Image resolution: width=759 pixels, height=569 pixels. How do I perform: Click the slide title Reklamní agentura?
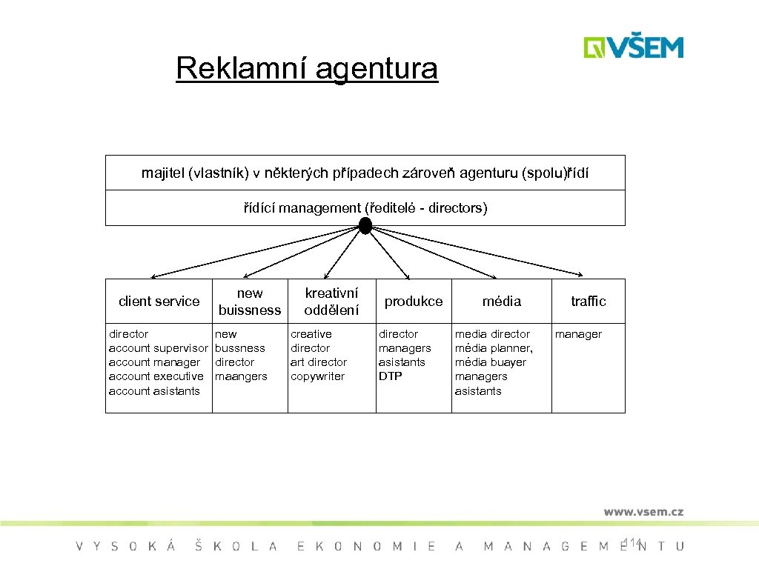[x=307, y=69]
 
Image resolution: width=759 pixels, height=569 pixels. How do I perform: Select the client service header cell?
[x=159, y=302]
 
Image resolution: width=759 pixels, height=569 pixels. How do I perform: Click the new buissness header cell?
[x=250, y=302]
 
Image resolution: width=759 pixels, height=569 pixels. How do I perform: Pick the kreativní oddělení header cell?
[x=331, y=302]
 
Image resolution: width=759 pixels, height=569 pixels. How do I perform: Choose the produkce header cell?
[x=413, y=302]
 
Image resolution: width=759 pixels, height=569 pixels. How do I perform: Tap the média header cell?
[x=502, y=302]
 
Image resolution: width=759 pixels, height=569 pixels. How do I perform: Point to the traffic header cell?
[x=588, y=302]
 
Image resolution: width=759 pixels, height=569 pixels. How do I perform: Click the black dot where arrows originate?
[x=365, y=226]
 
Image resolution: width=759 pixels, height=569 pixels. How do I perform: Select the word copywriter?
[x=317, y=376]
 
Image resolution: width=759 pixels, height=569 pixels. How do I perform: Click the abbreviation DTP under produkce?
[x=390, y=376]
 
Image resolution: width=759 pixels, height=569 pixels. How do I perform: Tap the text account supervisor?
[x=158, y=348]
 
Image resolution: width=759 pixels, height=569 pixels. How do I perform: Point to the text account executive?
[x=156, y=376]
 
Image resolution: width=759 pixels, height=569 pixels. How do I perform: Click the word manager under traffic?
[x=578, y=334]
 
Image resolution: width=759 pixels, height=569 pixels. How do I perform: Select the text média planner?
[x=494, y=348]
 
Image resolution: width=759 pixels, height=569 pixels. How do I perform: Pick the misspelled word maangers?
[x=241, y=376]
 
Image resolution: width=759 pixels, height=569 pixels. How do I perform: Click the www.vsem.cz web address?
[x=643, y=511]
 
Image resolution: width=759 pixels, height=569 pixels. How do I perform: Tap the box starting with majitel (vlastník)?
[x=365, y=173]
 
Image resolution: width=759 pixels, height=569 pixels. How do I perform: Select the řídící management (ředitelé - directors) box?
[x=365, y=208]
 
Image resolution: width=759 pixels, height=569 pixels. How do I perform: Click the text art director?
[x=319, y=362]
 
